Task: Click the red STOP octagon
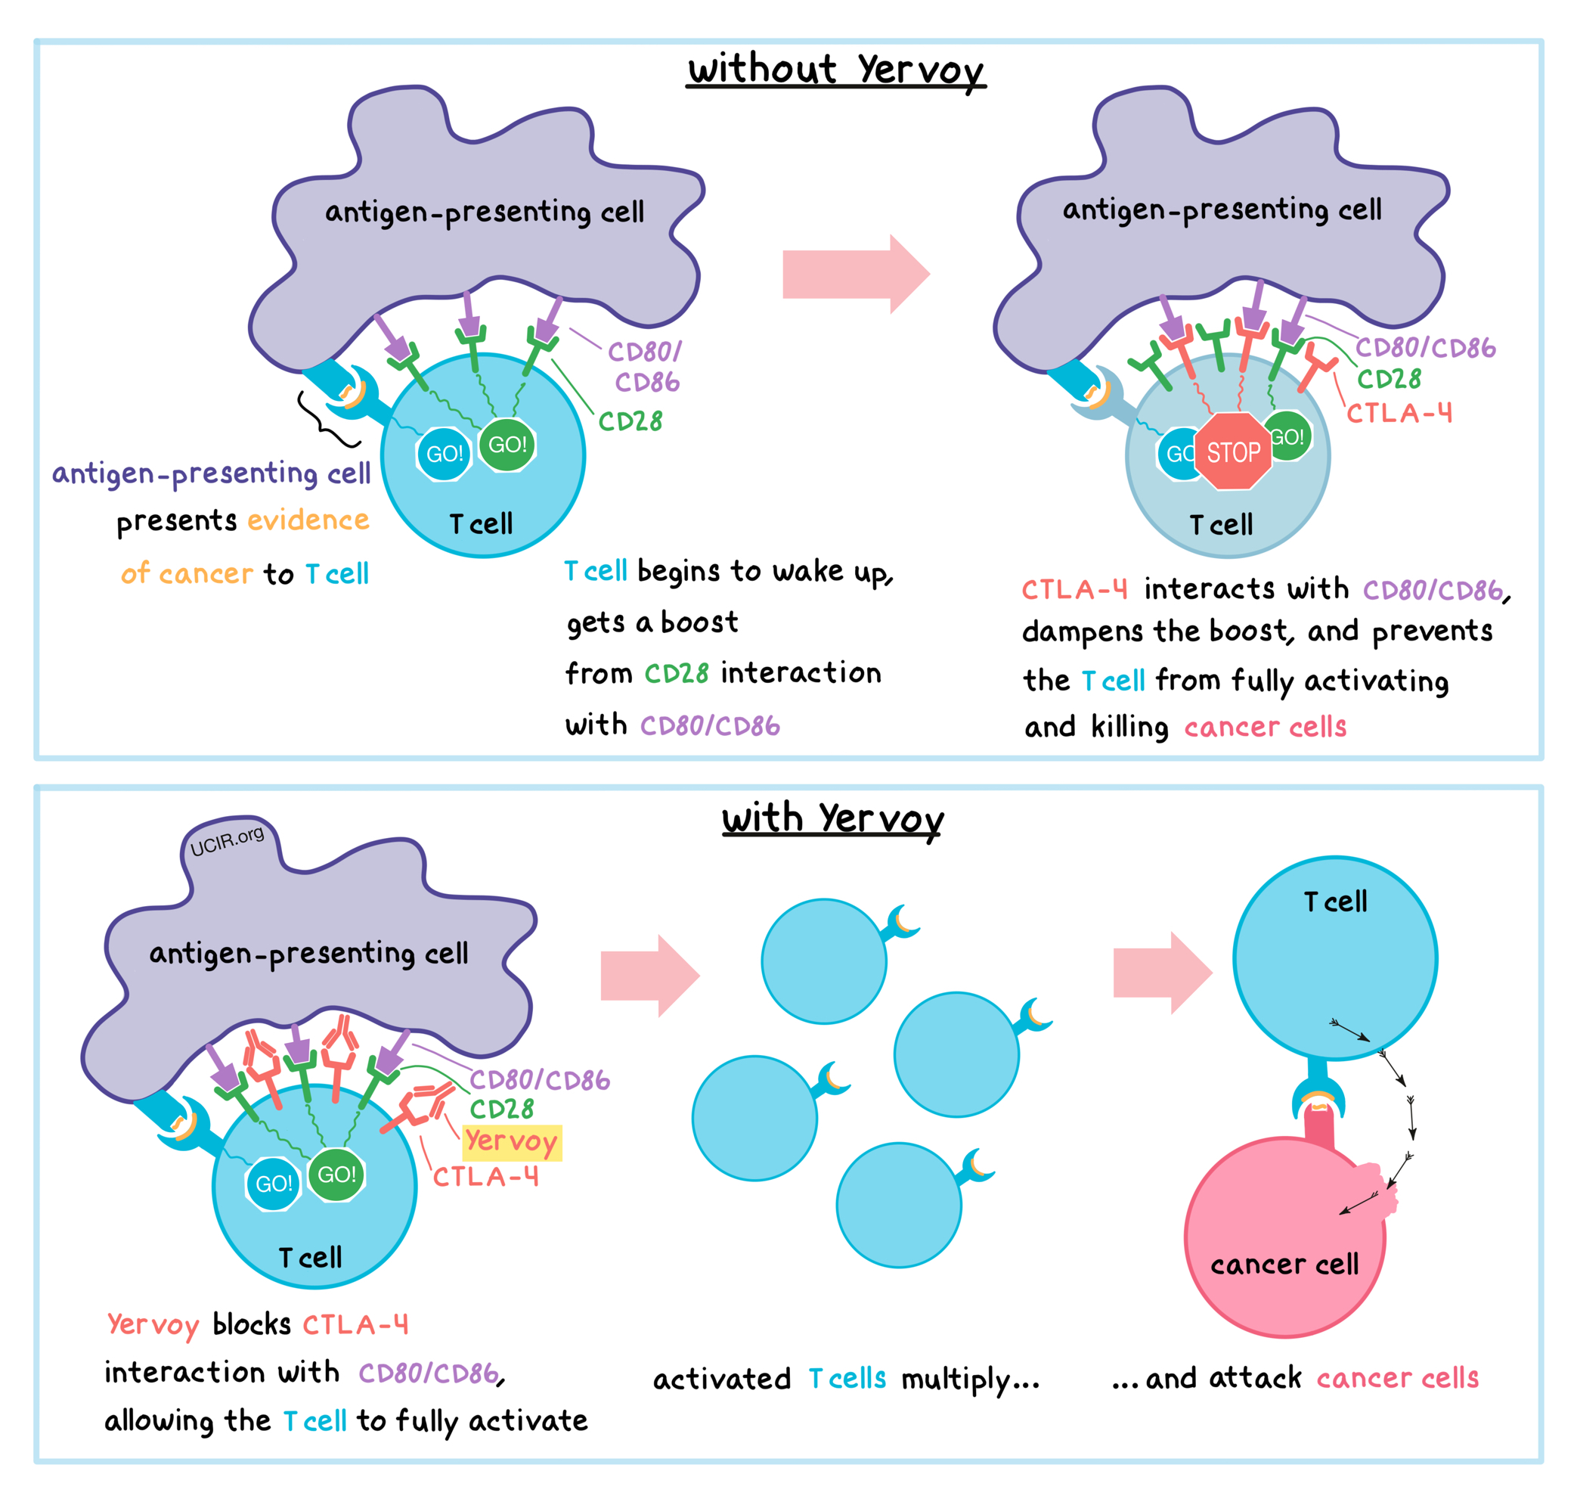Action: point(1232,452)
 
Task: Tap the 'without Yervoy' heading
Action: point(835,70)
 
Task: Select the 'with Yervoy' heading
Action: point(832,818)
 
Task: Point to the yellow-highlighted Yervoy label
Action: point(511,1142)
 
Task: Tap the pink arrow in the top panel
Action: point(855,274)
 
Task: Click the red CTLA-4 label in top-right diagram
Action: point(1399,413)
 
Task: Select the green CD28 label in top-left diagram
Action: point(630,421)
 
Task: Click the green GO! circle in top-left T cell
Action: point(507,444)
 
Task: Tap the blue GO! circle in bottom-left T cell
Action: point(274,1184)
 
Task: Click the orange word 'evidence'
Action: point(308,520)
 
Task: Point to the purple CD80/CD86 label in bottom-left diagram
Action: point(540,1080)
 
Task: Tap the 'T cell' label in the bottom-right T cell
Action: point(1334,902)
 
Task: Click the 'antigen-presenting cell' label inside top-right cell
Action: point(1222,210)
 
